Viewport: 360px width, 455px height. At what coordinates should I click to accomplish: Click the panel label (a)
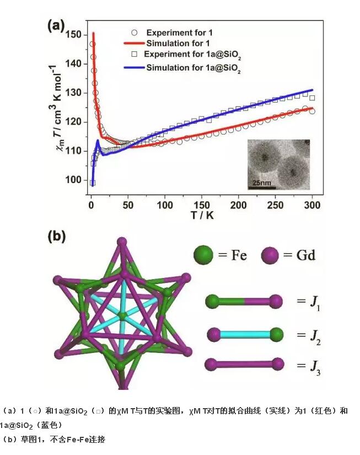coord(57,26)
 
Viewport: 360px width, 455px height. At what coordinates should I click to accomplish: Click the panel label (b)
coord(57,237)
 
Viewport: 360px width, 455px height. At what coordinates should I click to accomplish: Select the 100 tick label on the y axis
coord(77,180)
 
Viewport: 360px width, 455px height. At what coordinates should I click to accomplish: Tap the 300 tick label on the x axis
coord(312,206)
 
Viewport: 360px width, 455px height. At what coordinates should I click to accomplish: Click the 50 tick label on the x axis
coord(128,206)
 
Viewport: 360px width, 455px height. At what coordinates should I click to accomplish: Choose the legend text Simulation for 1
coord(179,42)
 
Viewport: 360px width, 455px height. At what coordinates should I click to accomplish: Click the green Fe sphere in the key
coord(202,255)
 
